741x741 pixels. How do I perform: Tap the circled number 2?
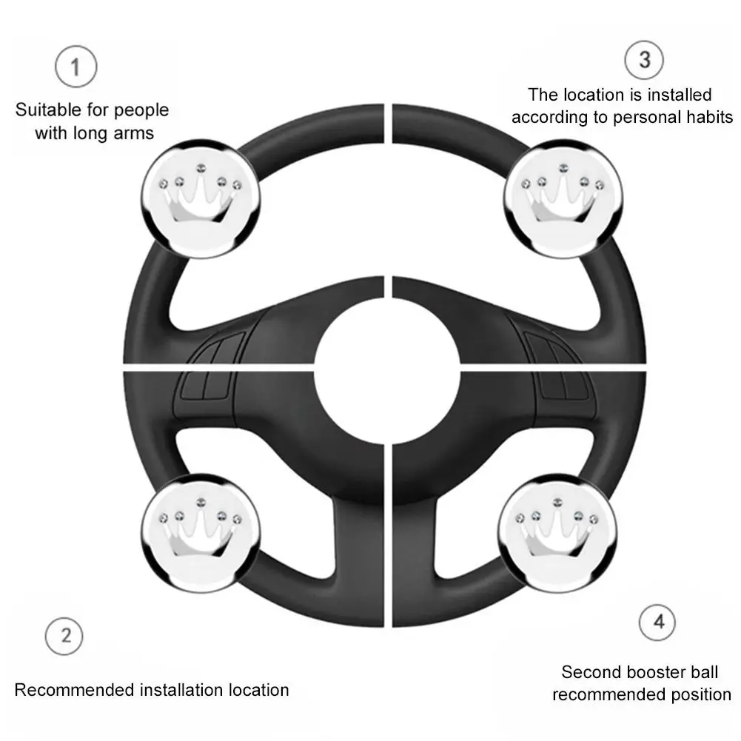pos(65,636)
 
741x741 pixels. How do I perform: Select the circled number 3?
pos(644,59)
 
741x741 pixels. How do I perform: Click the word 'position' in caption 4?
pos(698,694)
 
